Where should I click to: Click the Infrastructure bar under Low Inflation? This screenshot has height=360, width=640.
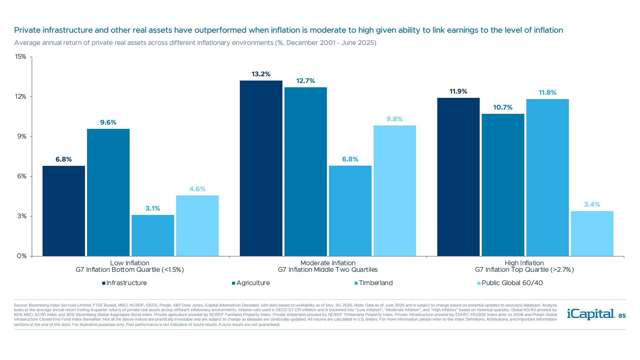[64, 211]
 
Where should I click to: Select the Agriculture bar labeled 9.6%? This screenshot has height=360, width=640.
[108, 192]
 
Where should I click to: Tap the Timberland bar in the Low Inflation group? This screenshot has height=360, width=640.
[153, 235]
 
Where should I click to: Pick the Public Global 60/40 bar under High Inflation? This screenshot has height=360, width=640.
[592, 233]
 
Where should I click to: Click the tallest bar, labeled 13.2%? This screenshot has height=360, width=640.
[261, 168]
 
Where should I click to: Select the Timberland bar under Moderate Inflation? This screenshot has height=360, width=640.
[350, 211]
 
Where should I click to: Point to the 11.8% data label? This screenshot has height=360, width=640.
[547, 93]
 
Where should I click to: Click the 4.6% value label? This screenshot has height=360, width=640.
[197, 189]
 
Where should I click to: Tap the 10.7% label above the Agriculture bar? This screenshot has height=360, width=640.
[503, 107]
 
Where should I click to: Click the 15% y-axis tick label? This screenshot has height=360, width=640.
[21, 57]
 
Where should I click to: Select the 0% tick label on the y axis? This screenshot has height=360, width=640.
[22, 256]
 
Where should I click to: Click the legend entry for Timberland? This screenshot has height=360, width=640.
[375, 283]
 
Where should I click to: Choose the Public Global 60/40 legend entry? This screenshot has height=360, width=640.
[512, 283]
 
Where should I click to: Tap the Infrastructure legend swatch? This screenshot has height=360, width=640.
[104, 283]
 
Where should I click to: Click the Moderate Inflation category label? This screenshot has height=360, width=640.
[328, 263]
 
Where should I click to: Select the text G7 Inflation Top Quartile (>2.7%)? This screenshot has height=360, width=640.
[524, 270]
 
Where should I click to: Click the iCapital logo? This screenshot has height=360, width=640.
[591, 314]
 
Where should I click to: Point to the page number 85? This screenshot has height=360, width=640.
[622, 316]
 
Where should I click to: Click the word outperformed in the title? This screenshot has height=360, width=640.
[220, 30]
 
